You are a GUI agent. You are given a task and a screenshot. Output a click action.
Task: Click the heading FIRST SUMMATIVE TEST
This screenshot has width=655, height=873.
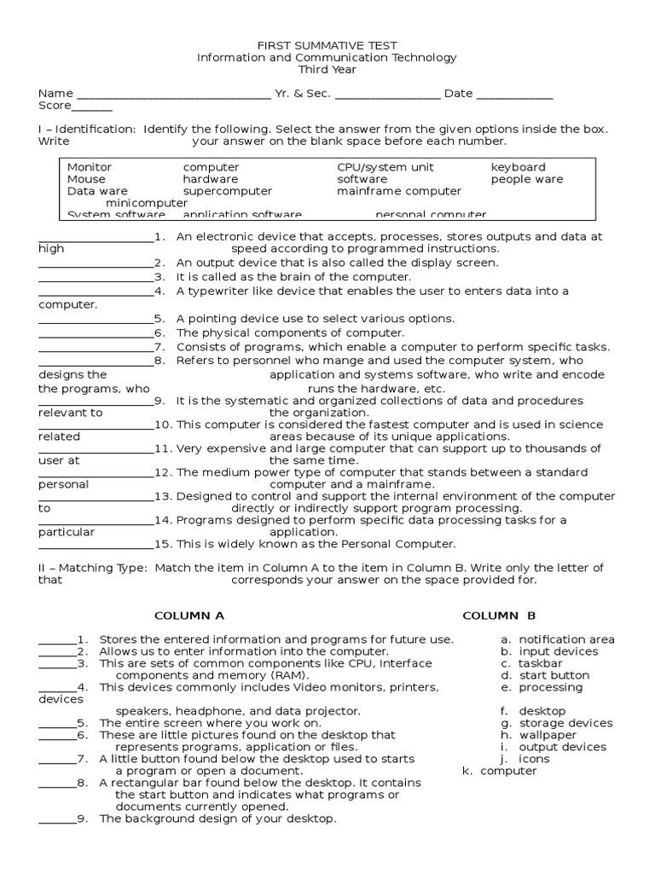[327, 45]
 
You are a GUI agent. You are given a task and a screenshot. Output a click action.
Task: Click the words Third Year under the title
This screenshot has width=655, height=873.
[327, 69]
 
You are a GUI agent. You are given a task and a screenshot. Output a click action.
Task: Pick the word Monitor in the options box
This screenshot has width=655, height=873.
[89, 167]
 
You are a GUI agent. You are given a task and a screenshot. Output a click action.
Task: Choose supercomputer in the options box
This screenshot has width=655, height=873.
[227, 191]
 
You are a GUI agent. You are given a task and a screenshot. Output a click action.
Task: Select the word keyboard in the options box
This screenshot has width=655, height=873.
[518, 167]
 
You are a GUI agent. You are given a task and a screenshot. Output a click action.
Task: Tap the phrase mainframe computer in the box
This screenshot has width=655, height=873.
[398, 191]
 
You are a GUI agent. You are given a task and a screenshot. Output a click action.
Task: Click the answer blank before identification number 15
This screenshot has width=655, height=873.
[96, 545]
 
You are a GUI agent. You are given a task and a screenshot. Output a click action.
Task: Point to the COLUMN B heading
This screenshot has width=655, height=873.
[499, 616]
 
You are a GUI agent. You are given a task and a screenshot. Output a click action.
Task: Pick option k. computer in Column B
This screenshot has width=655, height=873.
[500, 771]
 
